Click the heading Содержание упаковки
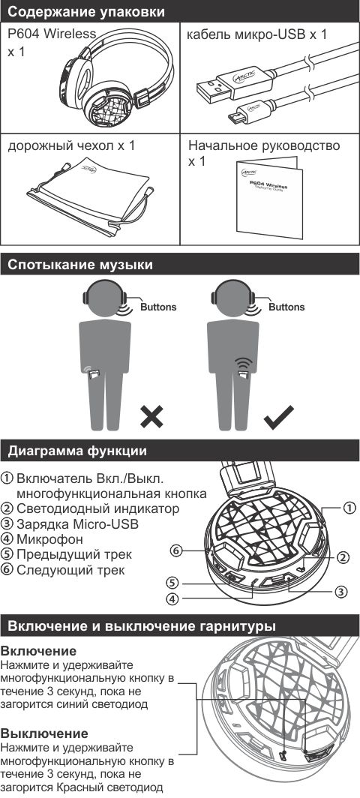tap(86, 11)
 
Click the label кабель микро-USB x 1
tap(257, 34)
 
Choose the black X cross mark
tap(151, 417)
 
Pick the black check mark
tap(278, 417)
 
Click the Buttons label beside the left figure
tap(158, 307)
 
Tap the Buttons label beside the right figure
tap(286, 307)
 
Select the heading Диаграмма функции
tap(77, 451)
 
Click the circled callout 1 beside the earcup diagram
tap(349, 508)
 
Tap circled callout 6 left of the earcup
tap(176, 550)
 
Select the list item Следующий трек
tap(70, 569)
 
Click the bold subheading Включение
tap(39, 651)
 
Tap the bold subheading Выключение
tap(45, 733)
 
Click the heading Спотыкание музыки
tap(80, 265)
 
